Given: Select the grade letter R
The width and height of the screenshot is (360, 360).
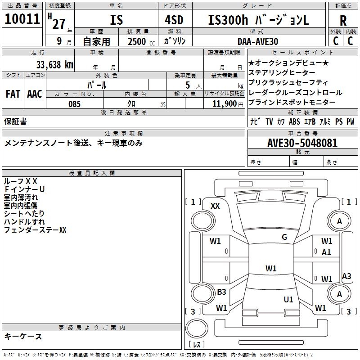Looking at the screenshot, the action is click(x=343, y=20).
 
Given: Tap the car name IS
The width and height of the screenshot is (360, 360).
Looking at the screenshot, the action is click(x=116, y=20).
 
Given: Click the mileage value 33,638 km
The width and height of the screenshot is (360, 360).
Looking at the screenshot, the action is click(x=54, y=64).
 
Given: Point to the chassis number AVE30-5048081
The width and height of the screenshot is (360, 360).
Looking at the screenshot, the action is click(x=302, y=143).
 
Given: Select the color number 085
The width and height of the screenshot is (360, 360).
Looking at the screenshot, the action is click(x=75, y=104).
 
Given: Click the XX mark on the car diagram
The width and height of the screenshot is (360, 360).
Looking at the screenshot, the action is click(x=215, y=206).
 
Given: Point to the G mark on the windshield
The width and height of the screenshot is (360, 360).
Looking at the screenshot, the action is click(x=284, y=237).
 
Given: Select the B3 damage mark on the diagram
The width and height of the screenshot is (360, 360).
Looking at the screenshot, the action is click(x=221, y=292).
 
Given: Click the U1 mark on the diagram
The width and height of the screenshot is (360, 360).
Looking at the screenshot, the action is click(x=288, y=299).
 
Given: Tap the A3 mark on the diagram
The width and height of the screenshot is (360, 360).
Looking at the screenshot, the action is click(x=346, y=276).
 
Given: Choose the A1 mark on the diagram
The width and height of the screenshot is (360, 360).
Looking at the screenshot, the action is click(x=326, y=252).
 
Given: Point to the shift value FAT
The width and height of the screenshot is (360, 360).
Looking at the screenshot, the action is click(x=13, y=94).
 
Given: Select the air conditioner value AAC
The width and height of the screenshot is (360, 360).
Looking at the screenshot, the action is click(x=35, y=94).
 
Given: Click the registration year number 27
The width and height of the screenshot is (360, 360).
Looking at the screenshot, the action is click(x=58, y=23).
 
